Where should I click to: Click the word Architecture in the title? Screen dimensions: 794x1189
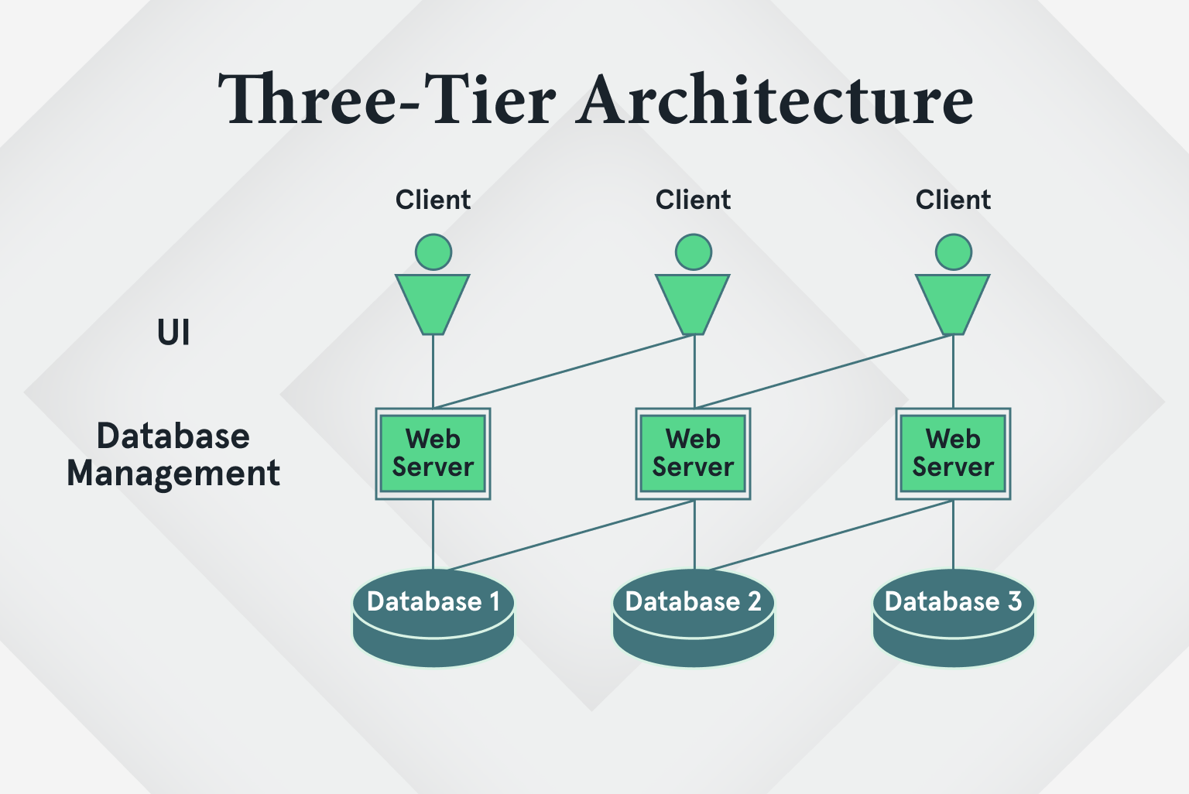[x=776, y=100]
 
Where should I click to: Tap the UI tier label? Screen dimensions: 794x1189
[x=173, y=333]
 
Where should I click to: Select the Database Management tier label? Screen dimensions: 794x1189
[x=173, y=454]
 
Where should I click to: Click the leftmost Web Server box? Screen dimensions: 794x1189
[x=433, y=453]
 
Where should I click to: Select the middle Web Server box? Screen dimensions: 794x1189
[x=694, y=453]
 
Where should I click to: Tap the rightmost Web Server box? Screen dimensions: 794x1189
[x=954, y=453]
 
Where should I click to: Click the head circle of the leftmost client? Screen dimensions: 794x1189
[x=433, y=252]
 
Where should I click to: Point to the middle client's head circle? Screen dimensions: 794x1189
[x=694, y=252]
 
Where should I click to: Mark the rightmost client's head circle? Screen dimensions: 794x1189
[x=954, y=252]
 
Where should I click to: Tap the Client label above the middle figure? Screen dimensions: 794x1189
[x=694, y=200]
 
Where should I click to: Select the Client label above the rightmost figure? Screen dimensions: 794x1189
[x=954, y=200]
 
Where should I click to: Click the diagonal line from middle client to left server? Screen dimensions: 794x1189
[x=564, y=371]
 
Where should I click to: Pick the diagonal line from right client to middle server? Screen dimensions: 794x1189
[x=824, y=371]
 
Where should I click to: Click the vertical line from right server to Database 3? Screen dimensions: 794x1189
[x=953, y=534]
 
